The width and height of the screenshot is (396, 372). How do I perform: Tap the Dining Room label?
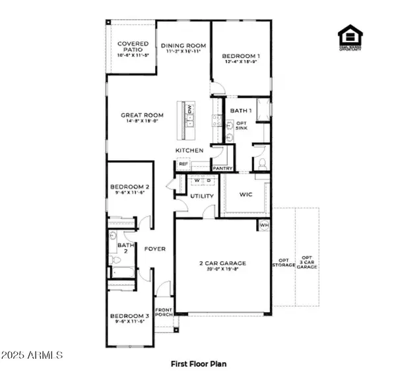click(183, 46)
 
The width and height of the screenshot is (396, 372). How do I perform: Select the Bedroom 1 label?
click(240, 55)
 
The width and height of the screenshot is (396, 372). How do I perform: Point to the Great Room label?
click(137, 115)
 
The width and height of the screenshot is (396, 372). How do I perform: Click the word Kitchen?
click(188, 151)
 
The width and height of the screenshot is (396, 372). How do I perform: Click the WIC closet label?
click(245, 195)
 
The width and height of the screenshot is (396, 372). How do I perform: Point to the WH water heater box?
click(265, 226)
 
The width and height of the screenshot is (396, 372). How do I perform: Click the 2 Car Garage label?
click(222, 263)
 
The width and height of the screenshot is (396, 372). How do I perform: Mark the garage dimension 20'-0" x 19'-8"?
click(222, 269)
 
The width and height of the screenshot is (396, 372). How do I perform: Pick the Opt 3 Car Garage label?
click(308, 262)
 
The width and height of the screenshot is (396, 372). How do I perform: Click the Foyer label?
click(155, 249)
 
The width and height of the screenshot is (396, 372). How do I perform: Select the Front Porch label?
click(164, 312)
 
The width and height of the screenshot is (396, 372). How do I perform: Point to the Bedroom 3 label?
click(129, 317)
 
